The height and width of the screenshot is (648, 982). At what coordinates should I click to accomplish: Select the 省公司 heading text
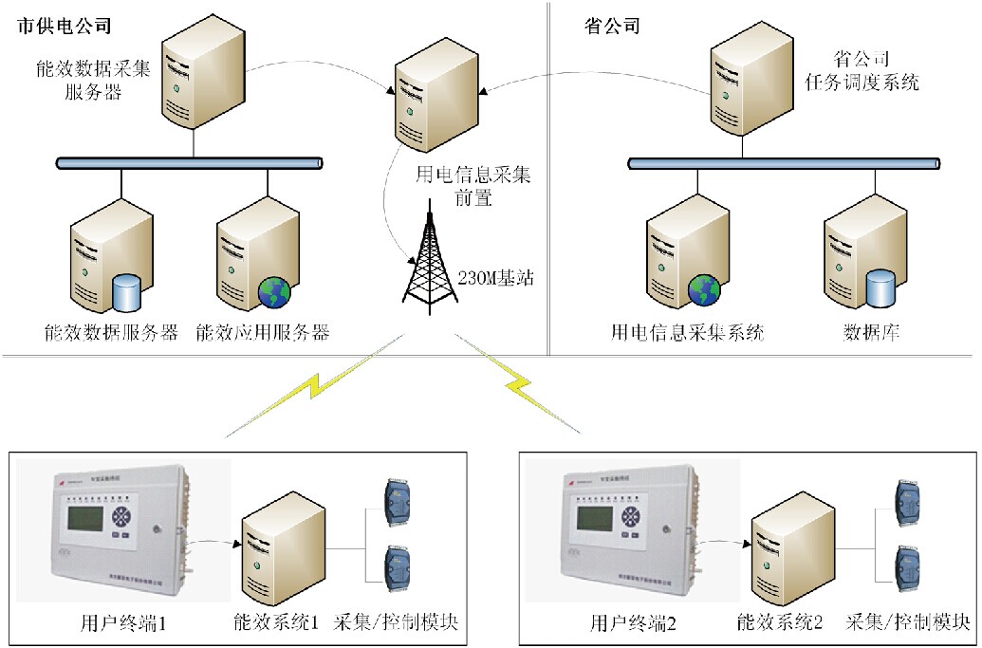pyautogui.click(x=612, y=26)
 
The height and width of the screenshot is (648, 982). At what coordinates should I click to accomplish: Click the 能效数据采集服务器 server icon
pyautogui.click(x=198, y=75)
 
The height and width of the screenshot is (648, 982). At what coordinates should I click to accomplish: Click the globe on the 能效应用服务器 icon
pyautogui.click(x=274, y=291)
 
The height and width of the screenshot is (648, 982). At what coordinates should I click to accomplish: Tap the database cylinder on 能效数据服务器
pyautogui.click(x=127, y=292)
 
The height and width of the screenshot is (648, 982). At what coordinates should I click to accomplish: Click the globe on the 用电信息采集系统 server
pyautogui.click(x=705, y=290)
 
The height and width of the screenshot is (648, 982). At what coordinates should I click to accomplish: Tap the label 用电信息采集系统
pyautogui.click(x=688, y=333)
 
